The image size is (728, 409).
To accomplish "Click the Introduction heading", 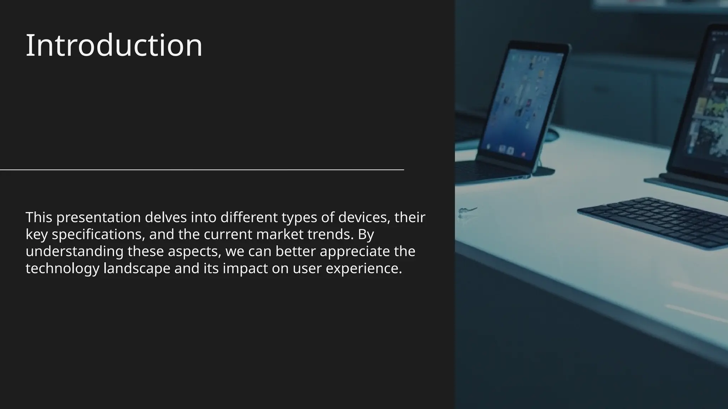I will [x=114, y=45].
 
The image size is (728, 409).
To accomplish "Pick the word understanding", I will [x=74, y=251].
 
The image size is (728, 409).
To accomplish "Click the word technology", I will [x=62, y=268].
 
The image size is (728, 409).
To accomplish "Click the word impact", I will [x=245, y=268].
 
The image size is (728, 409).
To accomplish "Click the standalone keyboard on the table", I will [x=654, y=222].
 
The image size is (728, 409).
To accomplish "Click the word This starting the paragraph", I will [x=39, y=218].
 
